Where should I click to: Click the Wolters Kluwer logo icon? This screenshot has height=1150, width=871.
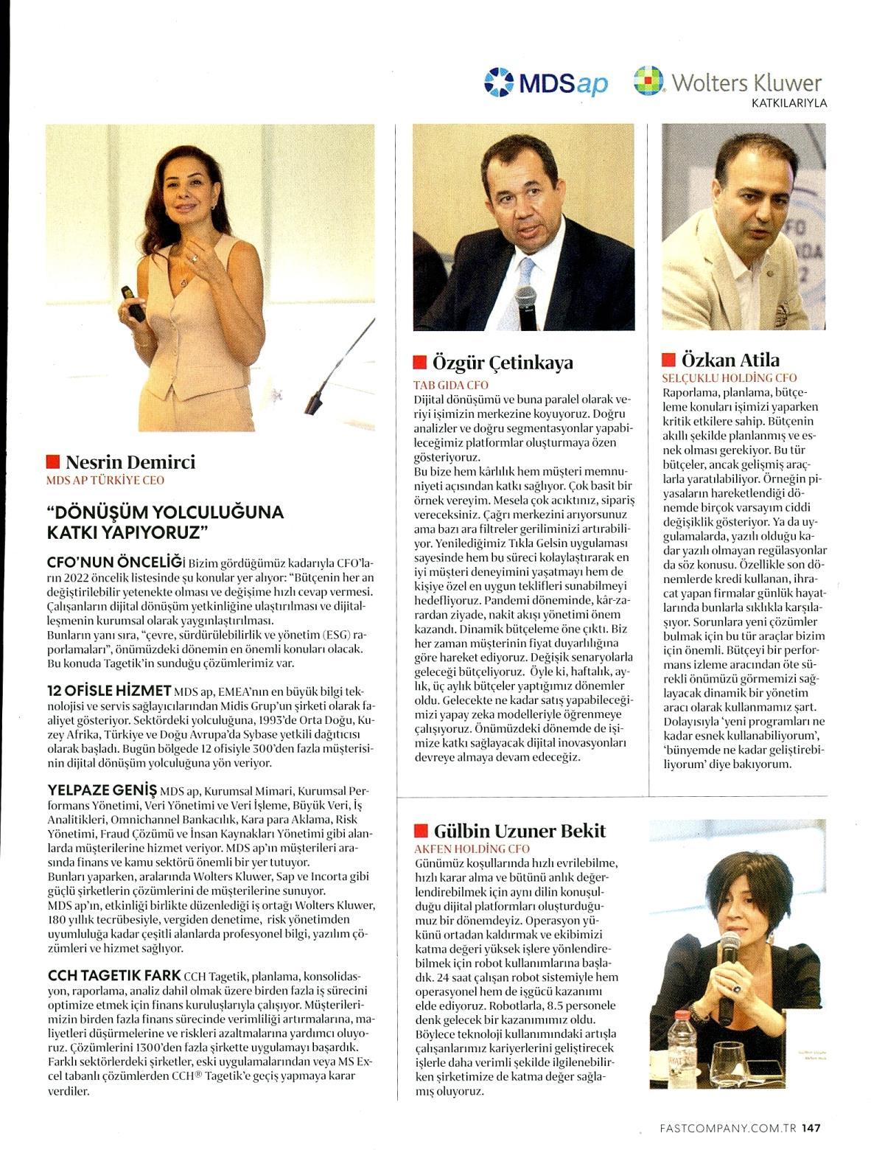point(648,81)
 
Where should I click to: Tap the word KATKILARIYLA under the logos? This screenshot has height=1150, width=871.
point(788,103)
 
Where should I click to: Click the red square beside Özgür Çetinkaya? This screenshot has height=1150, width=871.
point(419,363)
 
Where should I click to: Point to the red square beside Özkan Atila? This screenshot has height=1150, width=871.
point(668,360)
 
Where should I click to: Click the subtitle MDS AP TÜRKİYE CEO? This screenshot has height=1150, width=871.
point(105,481)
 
